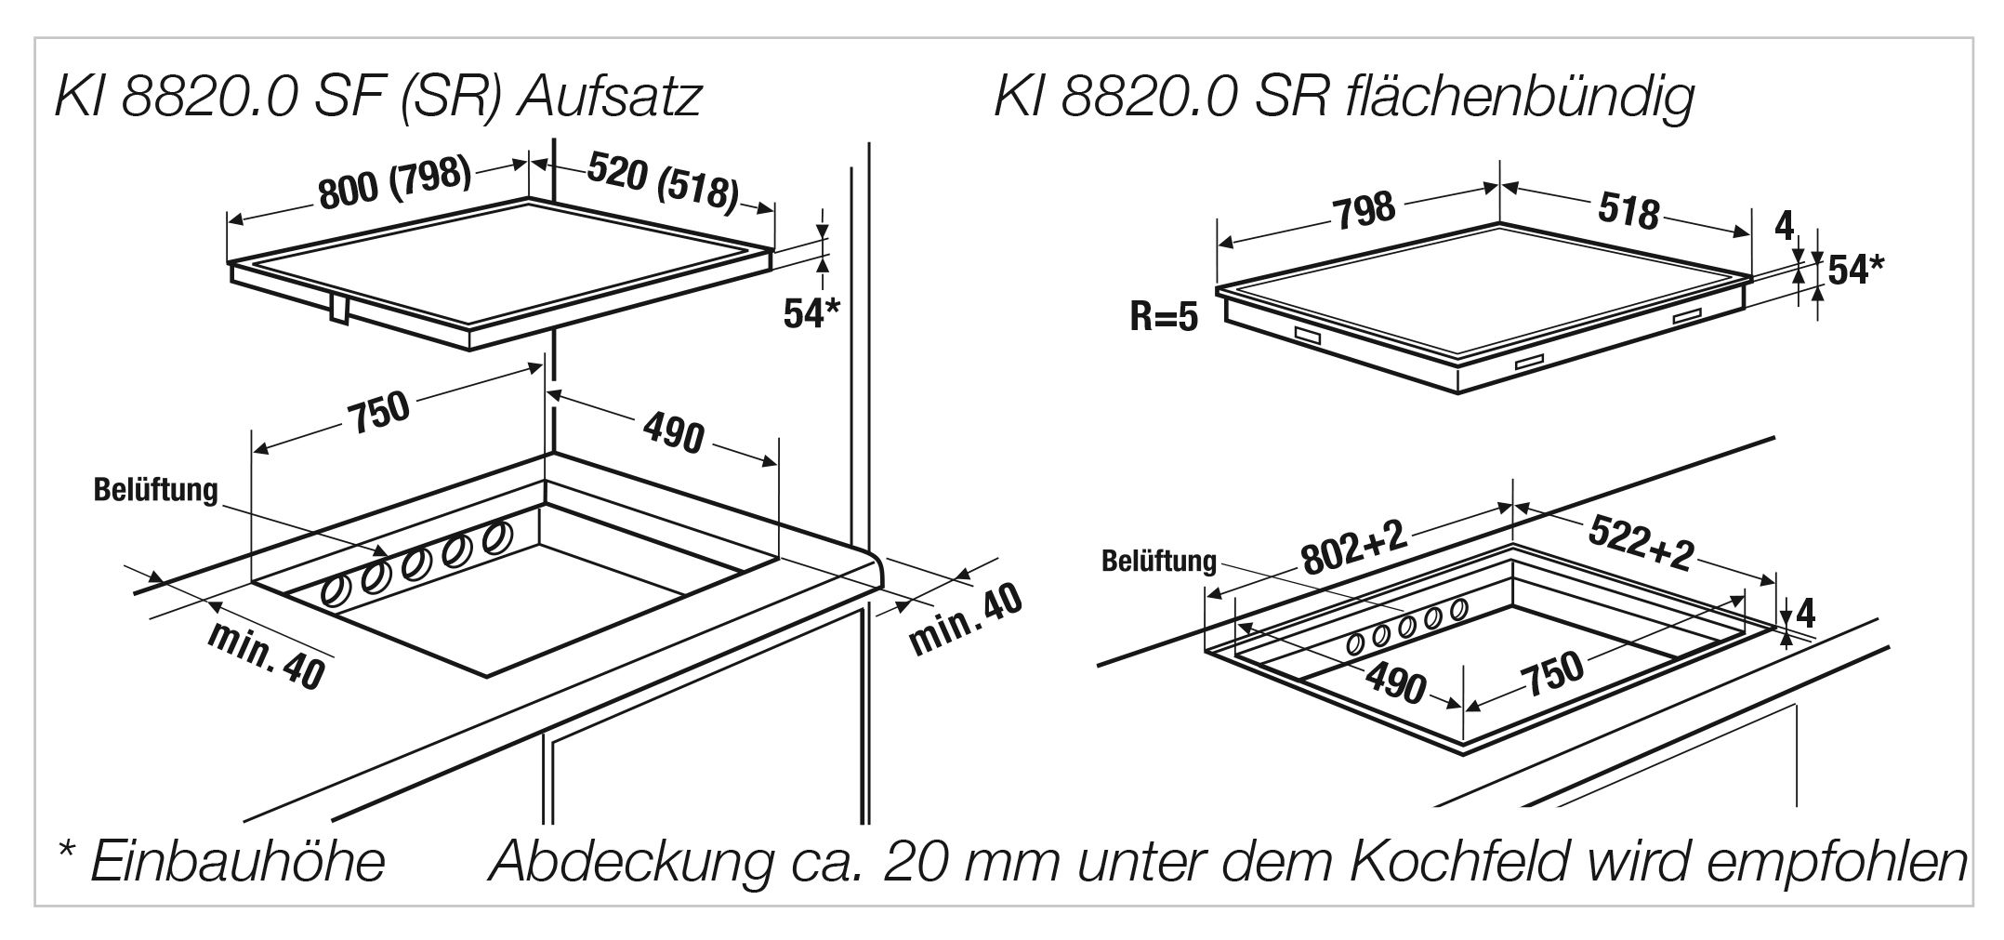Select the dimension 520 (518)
(663, 181)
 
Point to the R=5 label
(1164, 318)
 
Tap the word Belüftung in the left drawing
(155, 490)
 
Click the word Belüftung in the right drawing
(1158, 561)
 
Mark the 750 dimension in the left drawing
(379, 413)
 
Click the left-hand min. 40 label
(265, 656)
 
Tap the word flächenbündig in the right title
(1518, 96)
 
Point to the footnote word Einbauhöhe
(236, 861)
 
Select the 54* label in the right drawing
(1855, 270)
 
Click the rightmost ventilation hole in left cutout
(498, 536)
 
